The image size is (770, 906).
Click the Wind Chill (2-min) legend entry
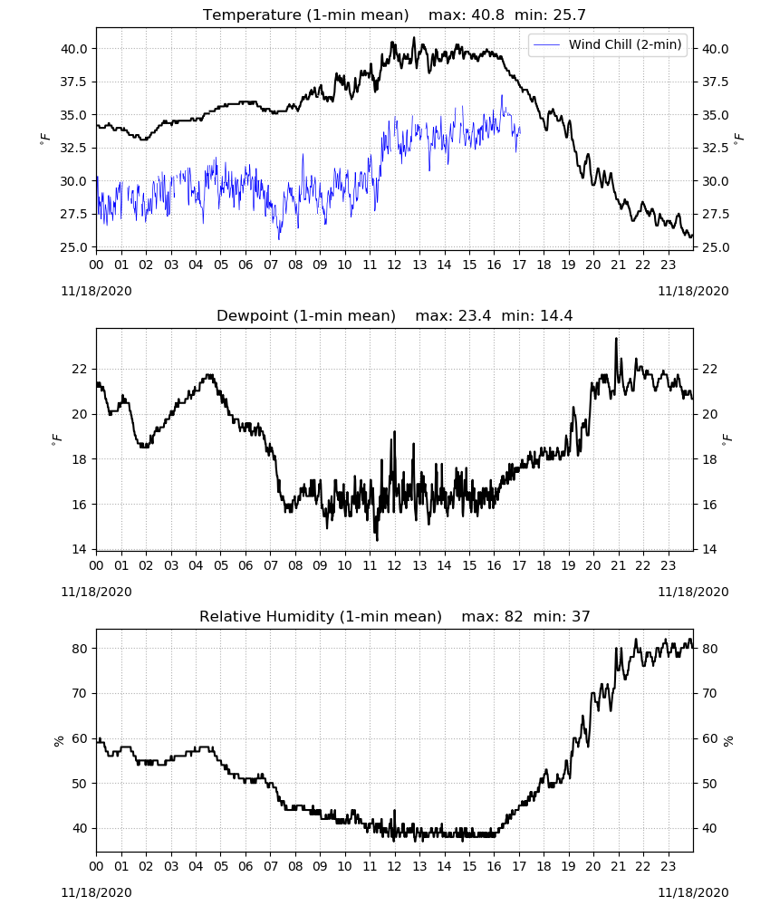point(608,44)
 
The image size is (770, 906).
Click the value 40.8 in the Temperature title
point(488,14)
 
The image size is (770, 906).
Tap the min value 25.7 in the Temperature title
point(569,14)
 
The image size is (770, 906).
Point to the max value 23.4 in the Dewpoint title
point(475,315)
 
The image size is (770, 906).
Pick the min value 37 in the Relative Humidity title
point(581,616)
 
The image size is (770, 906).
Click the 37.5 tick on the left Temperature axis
point(73,82)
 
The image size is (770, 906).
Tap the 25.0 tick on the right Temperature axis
point(715,247)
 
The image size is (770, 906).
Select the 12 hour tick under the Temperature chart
point(395,265)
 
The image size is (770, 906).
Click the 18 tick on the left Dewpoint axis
point(79,459)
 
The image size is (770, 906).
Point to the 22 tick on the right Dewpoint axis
point(709,369)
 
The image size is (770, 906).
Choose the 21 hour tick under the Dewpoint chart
point(618,565)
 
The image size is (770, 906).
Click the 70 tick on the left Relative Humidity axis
point(79,693)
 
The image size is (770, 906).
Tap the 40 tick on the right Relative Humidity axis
point(709,829)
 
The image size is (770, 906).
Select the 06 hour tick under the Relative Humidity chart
point(245,866)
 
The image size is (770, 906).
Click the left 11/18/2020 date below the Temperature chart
point(96,291)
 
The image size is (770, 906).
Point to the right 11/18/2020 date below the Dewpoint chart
point(693,592)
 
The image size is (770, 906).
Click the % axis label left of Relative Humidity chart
point(58,741)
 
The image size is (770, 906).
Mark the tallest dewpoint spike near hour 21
point(616,339)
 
